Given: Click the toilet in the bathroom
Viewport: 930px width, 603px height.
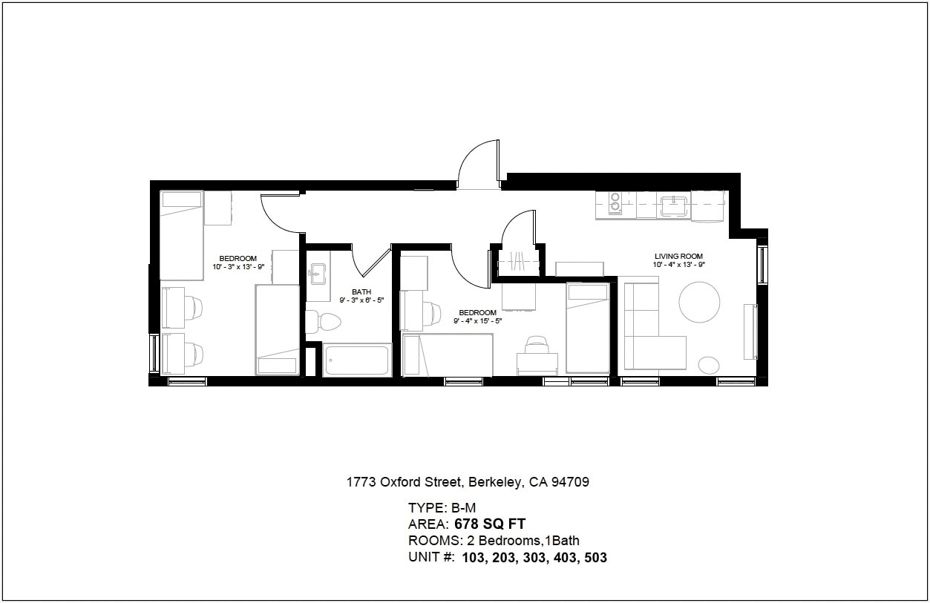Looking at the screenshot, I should point(324,322).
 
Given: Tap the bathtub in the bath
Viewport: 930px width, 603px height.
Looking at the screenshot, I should point(357,360).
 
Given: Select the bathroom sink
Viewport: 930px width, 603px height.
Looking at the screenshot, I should point(318,274).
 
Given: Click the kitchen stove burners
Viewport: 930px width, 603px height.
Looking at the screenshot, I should point(615,202).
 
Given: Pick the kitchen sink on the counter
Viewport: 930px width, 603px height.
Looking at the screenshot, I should point(674,205).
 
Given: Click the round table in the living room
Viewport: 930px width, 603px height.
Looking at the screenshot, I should point(699,302).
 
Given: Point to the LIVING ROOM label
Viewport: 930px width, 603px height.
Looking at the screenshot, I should point(678,257).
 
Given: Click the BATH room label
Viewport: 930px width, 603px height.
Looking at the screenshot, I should point(361,291).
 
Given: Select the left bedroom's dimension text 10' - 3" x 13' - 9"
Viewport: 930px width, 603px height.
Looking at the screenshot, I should point(238,267).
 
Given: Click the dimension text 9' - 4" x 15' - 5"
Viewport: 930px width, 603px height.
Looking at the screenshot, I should point(477,321).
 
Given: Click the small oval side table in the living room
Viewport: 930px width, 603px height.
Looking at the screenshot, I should point(709,364).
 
